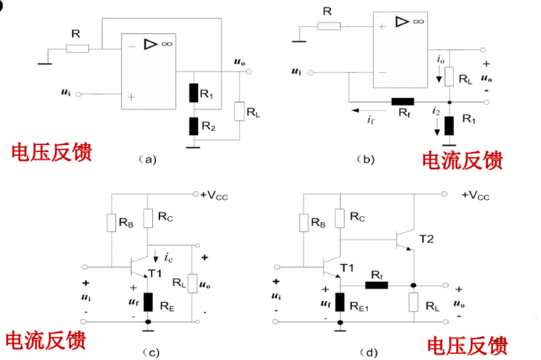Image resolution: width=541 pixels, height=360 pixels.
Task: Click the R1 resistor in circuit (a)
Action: pos(194,92)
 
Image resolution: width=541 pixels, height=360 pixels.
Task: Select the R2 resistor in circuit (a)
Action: pos(194,125)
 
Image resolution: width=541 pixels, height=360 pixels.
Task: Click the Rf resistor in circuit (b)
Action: pos(402,102)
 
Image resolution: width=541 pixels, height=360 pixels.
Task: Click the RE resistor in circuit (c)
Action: pos(149,302)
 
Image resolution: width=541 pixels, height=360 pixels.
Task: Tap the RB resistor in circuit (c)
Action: pos(110,223)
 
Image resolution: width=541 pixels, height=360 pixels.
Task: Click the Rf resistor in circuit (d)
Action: pos(377,285)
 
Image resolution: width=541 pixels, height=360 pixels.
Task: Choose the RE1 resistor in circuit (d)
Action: pos(340,302)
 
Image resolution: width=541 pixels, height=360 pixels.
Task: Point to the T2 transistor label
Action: pos(427,239)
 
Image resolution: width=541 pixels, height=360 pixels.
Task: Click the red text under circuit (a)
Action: pos(51,151)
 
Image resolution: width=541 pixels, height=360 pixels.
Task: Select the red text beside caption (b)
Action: pos(462,160)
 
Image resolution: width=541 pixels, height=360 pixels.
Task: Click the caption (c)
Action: pos(151,353)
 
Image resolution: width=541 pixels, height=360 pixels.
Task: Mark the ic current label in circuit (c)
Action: pos(169,256)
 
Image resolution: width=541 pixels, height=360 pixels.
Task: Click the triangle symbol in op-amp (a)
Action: pos(150,44)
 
